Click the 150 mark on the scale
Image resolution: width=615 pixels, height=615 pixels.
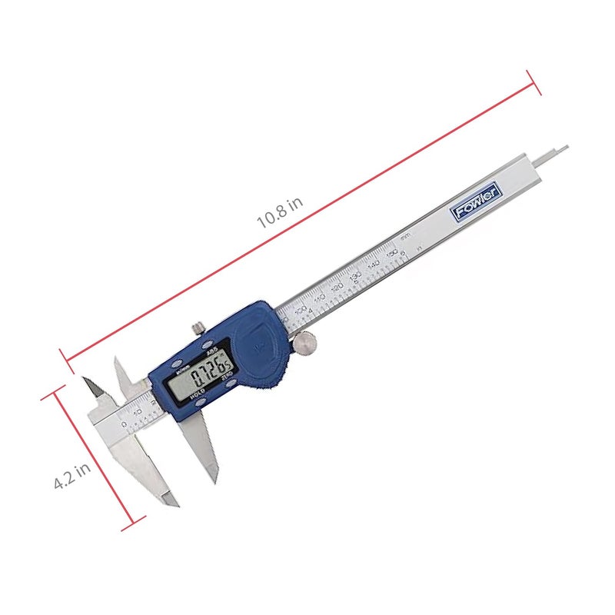point(392,251)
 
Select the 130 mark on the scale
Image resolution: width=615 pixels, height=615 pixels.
point(355,274)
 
